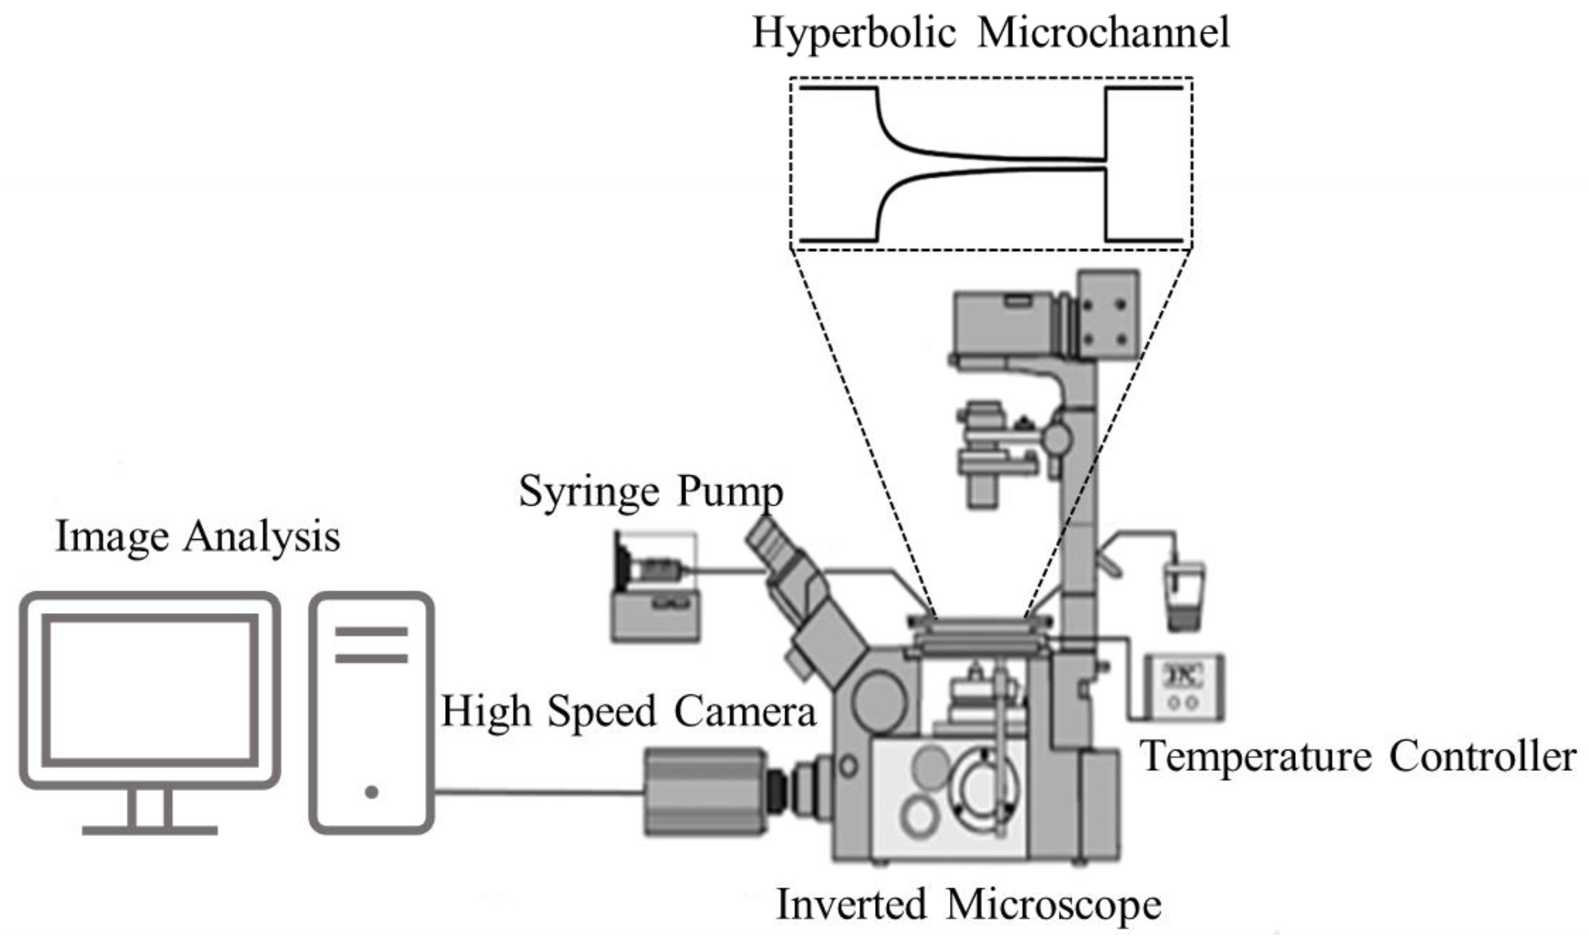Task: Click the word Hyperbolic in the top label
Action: point(854,33)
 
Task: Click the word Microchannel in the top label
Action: point(1104,33)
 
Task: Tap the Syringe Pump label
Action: point(650,492)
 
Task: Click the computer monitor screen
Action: point(150,691)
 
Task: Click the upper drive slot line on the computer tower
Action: point(371,632)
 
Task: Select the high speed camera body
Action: point(706,792)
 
